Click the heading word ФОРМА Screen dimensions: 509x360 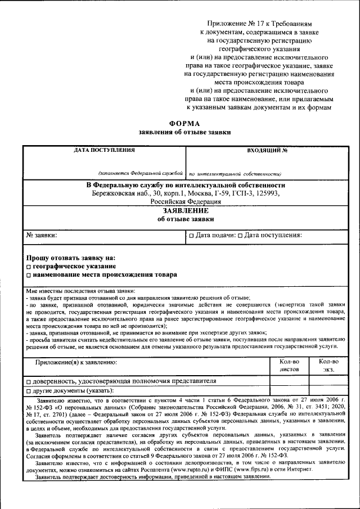pyautogui.click(x=184, y=123)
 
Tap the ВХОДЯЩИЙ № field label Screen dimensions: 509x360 pyautogui.click(x=267, y=151)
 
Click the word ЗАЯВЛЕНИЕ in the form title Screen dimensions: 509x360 pyautogui.click(x=185, y=210)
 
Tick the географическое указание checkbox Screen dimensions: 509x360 pyautogui.click(x=29, y=266)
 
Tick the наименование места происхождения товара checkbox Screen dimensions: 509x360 pyautogui.click(x=29, y=275)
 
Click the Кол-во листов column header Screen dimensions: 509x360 pyautogui.click(x=289, y=366)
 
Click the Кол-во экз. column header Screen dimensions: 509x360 pyautogui.click(x=328, y=366)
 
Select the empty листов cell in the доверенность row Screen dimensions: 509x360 pyautogui.click(x=289, y=380)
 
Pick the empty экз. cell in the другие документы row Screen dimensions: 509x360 pyautogui.click(x=328, y=390)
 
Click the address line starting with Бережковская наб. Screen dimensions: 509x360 pyautogui.click(x=185, y=193)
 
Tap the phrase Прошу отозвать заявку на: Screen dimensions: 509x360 pyautogui.click(x=70, y=257)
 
